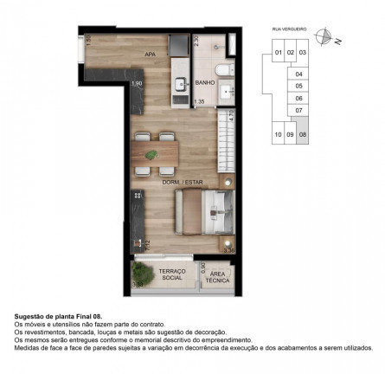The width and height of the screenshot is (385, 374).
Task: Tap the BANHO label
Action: (x=205, y=83)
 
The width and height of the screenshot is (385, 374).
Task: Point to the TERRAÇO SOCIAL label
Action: (x=172, y=274)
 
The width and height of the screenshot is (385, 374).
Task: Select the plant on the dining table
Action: (x=153, y=154)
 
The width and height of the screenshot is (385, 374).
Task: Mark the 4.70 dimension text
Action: (x=232, y=113)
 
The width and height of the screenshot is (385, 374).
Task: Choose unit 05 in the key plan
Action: (x=299, y=86)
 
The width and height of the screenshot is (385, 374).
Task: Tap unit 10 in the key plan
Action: (x=278, y=135)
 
